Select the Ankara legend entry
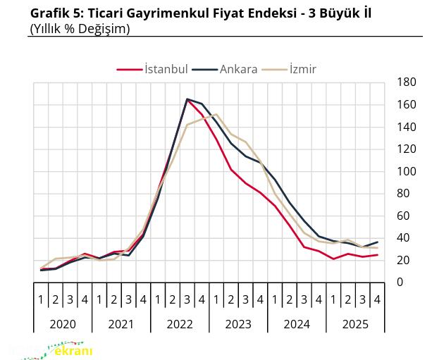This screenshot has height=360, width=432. point(237,69)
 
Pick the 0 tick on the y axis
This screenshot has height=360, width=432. point(400,283)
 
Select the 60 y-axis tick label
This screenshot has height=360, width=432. point(404,216)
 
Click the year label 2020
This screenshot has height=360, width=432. point(63,324)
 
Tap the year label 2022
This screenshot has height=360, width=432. point(179,324)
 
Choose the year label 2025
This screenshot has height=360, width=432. point(354,324)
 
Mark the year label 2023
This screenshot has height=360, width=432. point(237,324)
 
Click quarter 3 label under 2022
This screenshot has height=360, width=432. point(187,299)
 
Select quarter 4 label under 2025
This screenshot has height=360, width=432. point(377,299)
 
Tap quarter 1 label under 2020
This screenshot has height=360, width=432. point(41,299)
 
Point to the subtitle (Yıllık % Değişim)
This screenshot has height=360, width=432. point(80,29)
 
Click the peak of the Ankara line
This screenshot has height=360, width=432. point(187,99)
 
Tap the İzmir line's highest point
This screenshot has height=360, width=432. point(216,114)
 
